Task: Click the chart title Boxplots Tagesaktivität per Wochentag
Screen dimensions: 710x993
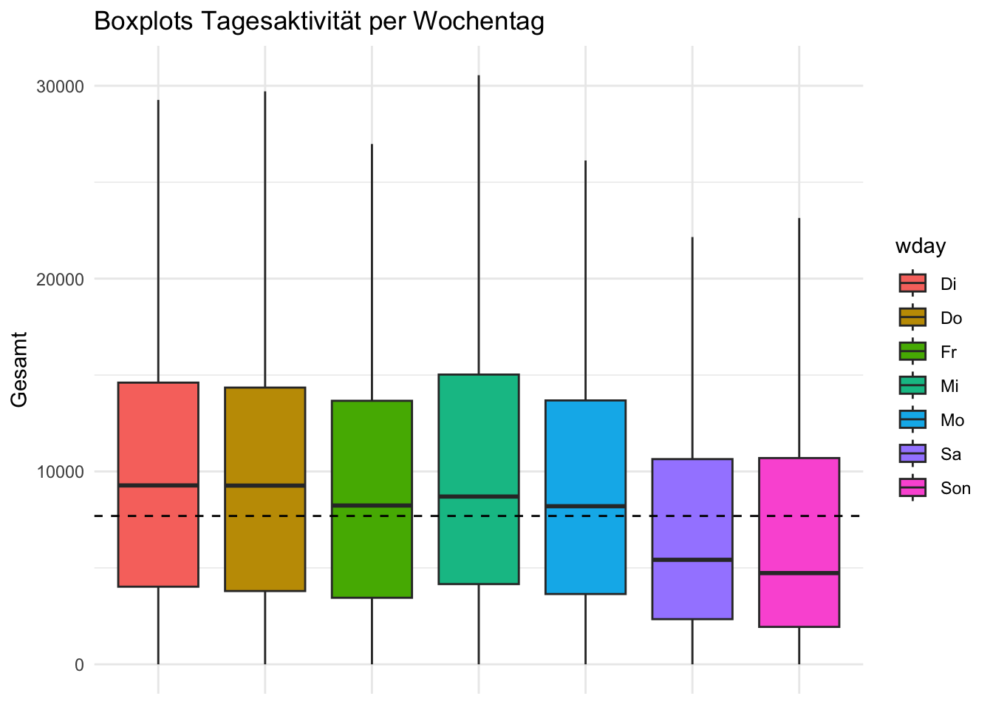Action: (x=319, y=22)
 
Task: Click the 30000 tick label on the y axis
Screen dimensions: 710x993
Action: (x=60, y=87)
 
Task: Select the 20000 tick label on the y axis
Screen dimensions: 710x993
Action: (x=60, y=280)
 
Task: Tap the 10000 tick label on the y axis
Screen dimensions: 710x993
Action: (x=60, y=472)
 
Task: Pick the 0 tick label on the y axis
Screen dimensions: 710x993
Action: (x=79, y=665)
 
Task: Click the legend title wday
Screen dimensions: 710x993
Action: (x=921, y=246)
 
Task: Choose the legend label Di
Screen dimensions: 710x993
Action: (x=949, y=284)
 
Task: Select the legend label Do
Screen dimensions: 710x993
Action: (x=951, y=318)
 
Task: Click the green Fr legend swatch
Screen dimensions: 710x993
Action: (x=912, y=352)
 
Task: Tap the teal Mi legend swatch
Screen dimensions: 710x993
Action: (x=912, y=386)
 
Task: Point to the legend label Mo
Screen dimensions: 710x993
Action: (x=952, y=420)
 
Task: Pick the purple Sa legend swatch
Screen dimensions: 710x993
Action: (x=912, y=454)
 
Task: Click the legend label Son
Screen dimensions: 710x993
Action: (x=955, y=488)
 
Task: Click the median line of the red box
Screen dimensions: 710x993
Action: (x=158, y=485)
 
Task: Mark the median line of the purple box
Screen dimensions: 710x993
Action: (x=692, y=560)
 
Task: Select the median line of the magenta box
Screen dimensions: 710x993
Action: (x=799, y=573)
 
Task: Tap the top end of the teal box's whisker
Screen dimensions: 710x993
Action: (x=479, y=75)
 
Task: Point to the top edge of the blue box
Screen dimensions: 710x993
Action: (x=585, y=400)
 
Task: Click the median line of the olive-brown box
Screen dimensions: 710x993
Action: (x=265, y=485)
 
